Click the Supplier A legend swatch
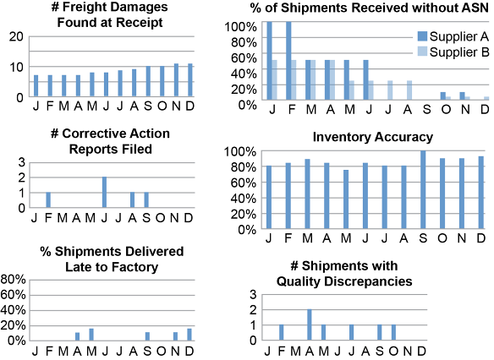pyautogui.click(x=422, y=36)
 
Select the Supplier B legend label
pyautogui.click(x=459, y=52)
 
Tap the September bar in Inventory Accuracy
pyautogui.click(x=423, y=189)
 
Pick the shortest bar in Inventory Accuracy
pyautogui.click(x=346, y=199)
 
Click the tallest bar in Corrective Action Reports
pyautogui.click(x=104, y=193)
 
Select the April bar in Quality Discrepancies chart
pyautogui.click(x=310, y=325)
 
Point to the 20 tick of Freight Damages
pyautogui.click(x=16, y=36)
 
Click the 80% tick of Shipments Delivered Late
pyautogui.click(x=13, y=279)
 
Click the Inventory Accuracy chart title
pyautogui.click(x=373, y=137)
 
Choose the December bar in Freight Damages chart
pyautogui.click(x=190, y=80)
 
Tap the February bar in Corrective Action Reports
pyautogui.click(x=48, y=199)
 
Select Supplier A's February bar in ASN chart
pyautogui.click(x=288, y=61)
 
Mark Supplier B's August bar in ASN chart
pyautogui.click(x=409, y=90)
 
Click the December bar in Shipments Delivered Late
pyautogui.click(x=189, y=335)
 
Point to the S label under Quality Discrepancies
pyautogui.click(x=380, y=351)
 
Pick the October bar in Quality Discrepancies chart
pyautogui.click(x=393, y=333)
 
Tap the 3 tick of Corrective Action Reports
pyautogui.click(x=22, y=163)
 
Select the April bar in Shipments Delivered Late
pyautogui.click(x=77, y=336)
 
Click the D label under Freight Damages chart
pyautogui.click(x=190, y=106)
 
